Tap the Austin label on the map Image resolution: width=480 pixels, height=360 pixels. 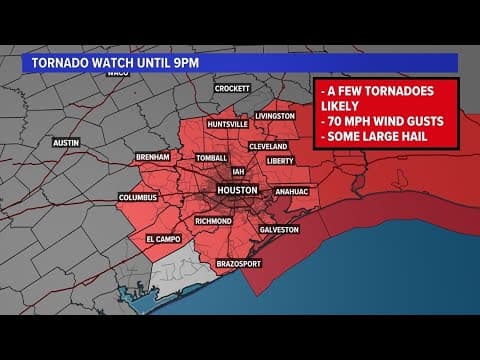tap(65, 143)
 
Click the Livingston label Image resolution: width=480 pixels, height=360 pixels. tap(275, 116)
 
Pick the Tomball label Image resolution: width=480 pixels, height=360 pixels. tap(212, 158)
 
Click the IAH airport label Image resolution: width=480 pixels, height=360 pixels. tap(238, 171)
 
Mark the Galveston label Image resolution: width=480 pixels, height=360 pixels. tap(279, 229)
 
